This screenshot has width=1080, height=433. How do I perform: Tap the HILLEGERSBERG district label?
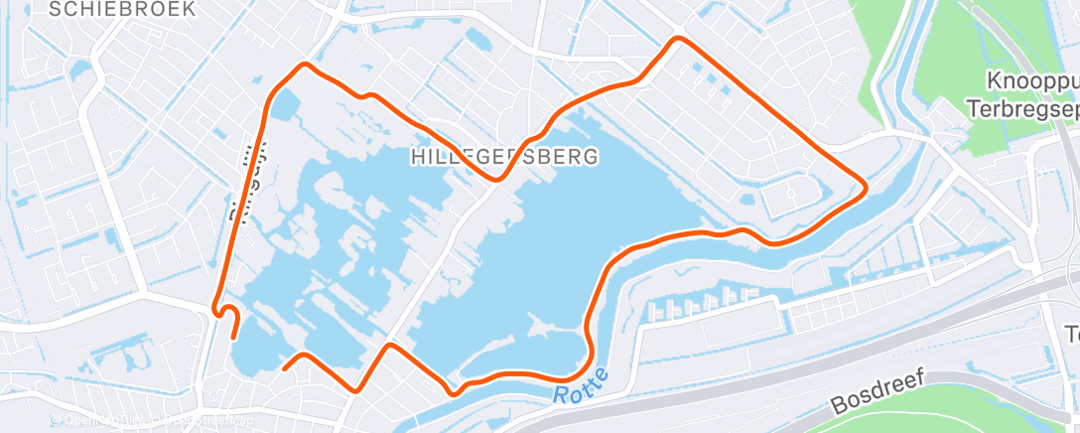tap(504, 156)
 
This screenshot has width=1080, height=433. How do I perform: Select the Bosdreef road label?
tap(877, 392)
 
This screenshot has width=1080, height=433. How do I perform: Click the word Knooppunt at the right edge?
tap(1032, 79)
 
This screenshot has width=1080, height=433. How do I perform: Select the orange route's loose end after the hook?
tap(234, 338)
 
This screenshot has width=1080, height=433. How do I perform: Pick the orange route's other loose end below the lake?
tap(285, 368)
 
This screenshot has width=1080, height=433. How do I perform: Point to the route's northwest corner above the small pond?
tap(306, 66)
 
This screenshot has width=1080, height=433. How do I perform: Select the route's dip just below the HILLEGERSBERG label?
tap(496, 179)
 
